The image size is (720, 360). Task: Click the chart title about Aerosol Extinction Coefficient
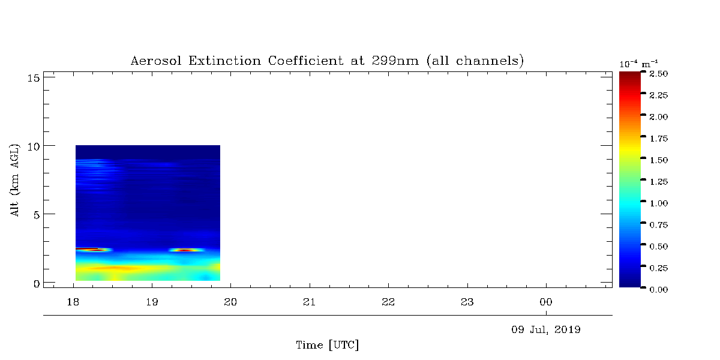point(327,61)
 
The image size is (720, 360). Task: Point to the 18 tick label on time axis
point(73,302)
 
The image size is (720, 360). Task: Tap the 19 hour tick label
point(152,302)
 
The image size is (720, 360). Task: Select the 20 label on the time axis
point(230,302)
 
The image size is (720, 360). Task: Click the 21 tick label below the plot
point(309,302)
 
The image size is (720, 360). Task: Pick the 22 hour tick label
point(388,302)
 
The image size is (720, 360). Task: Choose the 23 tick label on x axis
point(467,302)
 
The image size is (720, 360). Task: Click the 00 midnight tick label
point(546,302)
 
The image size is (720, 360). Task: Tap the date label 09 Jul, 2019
point(546,330)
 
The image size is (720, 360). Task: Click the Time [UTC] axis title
point(327,345)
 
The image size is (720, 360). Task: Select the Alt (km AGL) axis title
point(14,181)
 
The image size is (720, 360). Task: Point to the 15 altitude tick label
point(33,78)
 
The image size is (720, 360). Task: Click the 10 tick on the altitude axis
point(33,147)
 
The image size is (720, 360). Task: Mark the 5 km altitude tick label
point(37,215)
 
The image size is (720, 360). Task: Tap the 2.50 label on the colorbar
point(659,74)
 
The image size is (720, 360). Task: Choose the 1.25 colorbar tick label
point(659,182)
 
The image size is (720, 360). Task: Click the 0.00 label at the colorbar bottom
point(659,290)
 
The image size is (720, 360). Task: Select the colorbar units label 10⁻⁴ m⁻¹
point(638,64)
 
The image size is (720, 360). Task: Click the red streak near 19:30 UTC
point(186,250)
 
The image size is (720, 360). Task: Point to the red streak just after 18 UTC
point(88,249)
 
